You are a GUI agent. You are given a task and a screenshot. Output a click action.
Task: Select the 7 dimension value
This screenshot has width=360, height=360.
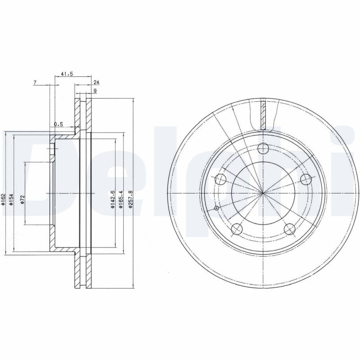[35, 82]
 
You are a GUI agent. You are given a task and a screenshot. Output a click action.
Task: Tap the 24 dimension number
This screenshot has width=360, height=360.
[96, 82]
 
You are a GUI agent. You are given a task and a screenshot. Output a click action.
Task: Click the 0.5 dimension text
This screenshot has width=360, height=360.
[58, 124]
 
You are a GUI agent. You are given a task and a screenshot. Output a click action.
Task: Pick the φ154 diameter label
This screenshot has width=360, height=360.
[12, 198]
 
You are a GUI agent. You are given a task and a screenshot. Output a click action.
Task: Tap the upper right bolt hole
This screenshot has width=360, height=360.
[306, 179]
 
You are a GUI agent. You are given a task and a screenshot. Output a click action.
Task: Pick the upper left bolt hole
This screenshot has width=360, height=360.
[220, 180]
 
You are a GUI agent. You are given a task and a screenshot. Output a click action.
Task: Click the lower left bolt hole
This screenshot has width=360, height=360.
[237, 229]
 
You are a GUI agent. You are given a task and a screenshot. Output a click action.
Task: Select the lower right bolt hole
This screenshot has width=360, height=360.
[290, 229]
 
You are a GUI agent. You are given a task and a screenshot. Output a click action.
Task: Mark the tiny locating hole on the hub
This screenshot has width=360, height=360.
[217, 208]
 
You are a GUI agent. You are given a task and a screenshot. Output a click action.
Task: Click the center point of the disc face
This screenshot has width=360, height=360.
[263, 193]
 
